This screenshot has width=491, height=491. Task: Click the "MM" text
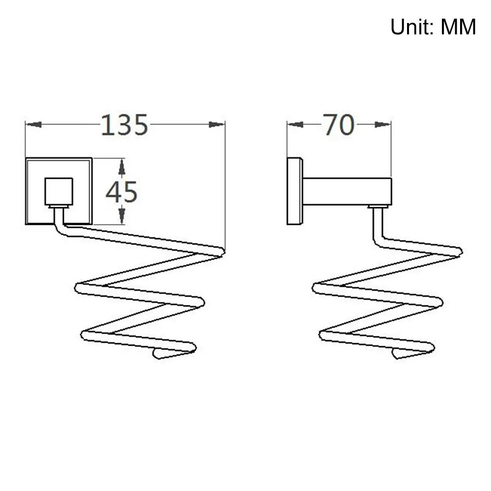[459, 27]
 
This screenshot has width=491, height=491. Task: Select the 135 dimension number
[124, 125]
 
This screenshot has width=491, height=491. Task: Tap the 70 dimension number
[338, 125]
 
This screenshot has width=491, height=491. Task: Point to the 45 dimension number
[121, 192]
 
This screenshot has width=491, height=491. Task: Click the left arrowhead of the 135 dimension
[33, 125]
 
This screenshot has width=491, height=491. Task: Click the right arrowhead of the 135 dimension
[217, 125]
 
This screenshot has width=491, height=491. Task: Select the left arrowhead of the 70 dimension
[295, 125]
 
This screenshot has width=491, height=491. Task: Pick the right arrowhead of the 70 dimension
[382, 125]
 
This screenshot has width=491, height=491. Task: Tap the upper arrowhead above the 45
[122, 166]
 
